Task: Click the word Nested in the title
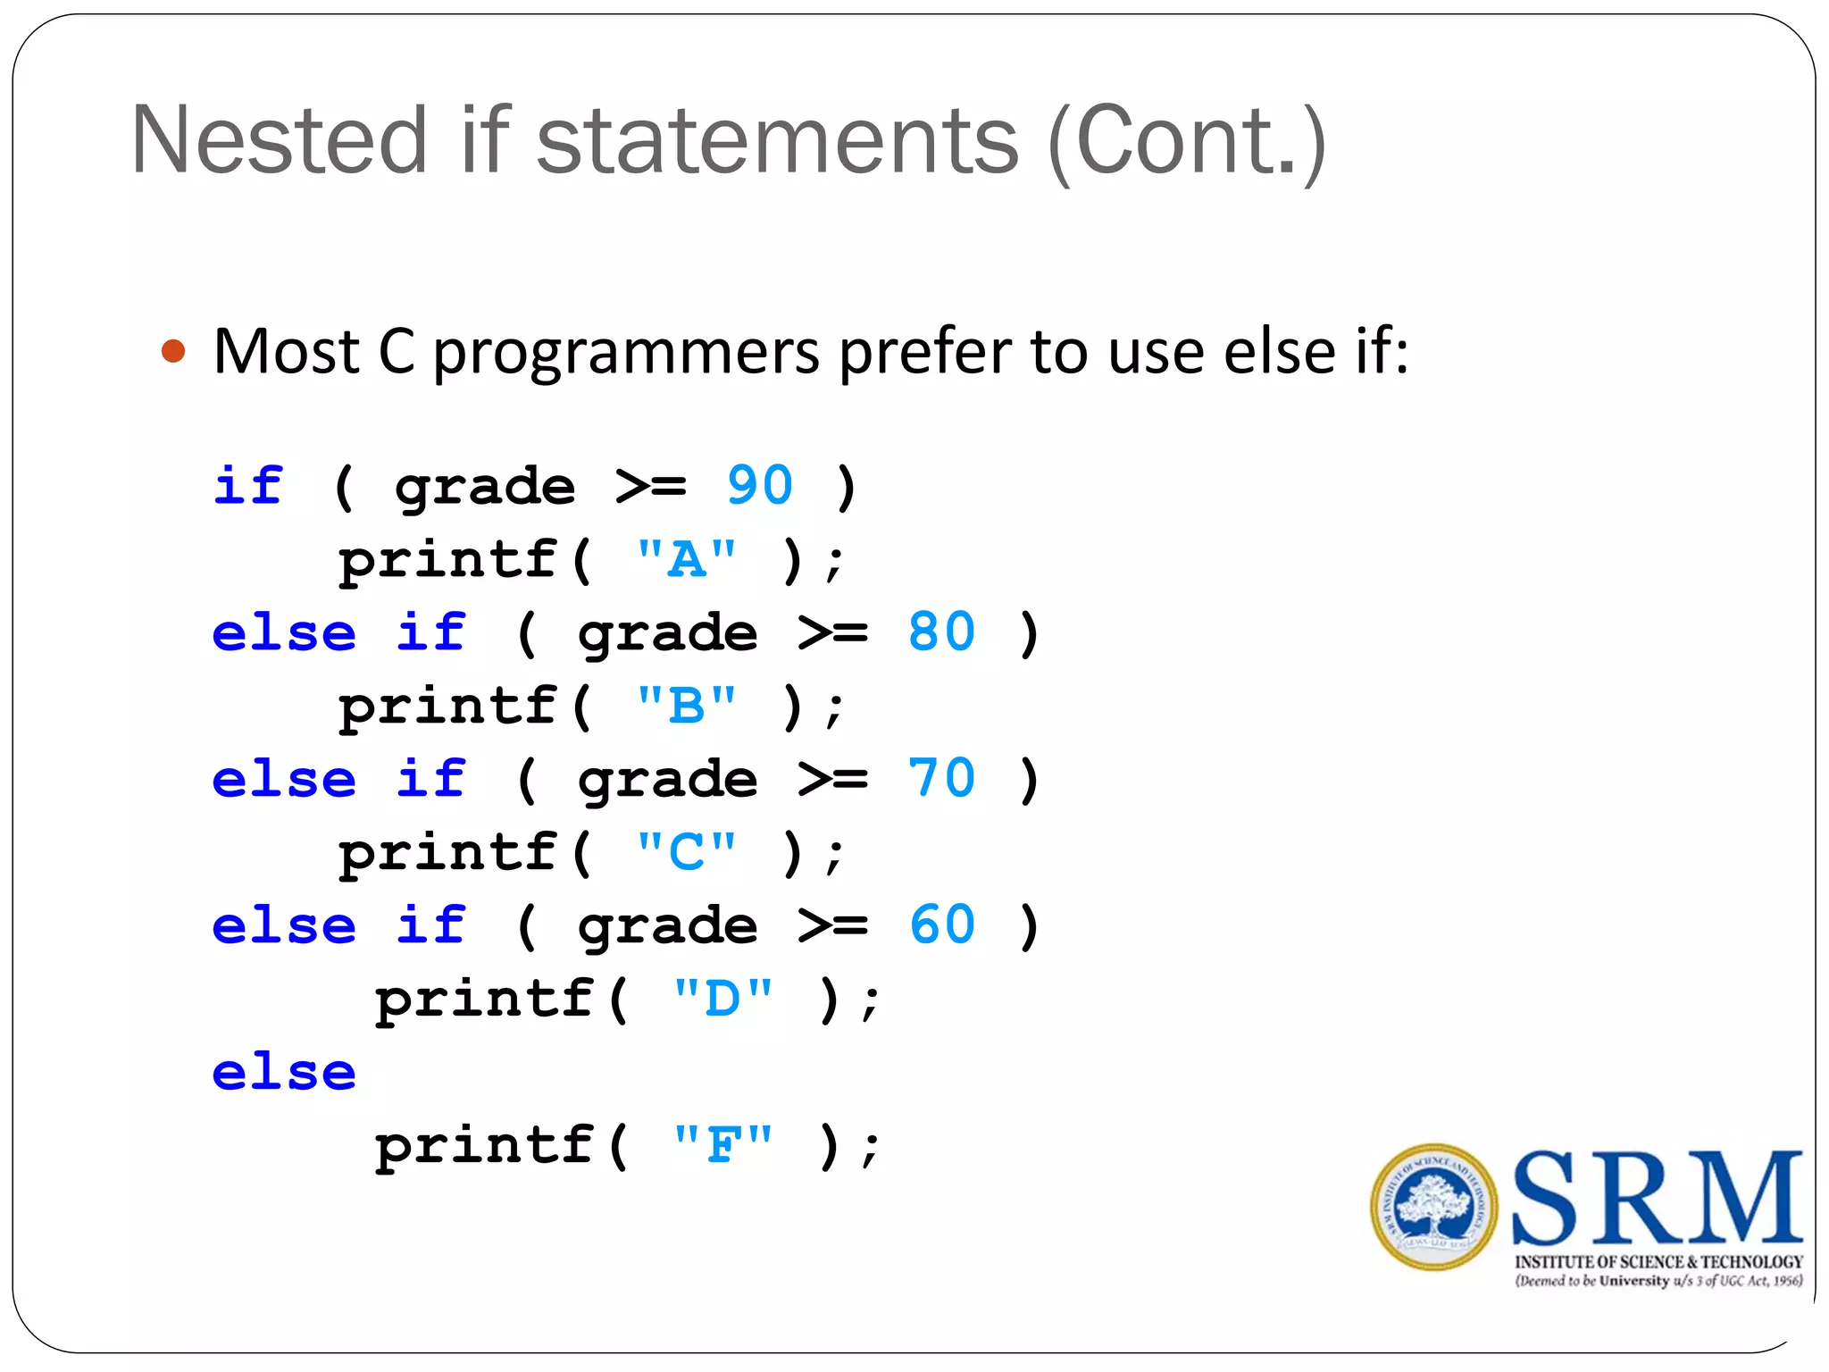point(280,140)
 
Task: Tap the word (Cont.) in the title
point(1188,142)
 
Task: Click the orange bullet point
point(173,351)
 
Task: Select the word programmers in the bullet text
point(626,353)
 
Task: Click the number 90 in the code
point(759,486)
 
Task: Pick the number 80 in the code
point(941,632)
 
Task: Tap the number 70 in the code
point(941,778)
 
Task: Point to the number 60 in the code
point(941,924)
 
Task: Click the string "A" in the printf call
point(686,559)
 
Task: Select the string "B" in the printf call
point(686,706)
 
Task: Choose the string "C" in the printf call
point(686,851)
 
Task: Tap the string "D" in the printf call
point(722,998)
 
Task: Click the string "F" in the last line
point(722,1144)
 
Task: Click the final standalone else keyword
point(284,1072)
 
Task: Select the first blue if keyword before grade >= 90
point(248,487)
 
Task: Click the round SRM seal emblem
point(1432,1207)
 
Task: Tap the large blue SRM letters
point(1657,1199)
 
